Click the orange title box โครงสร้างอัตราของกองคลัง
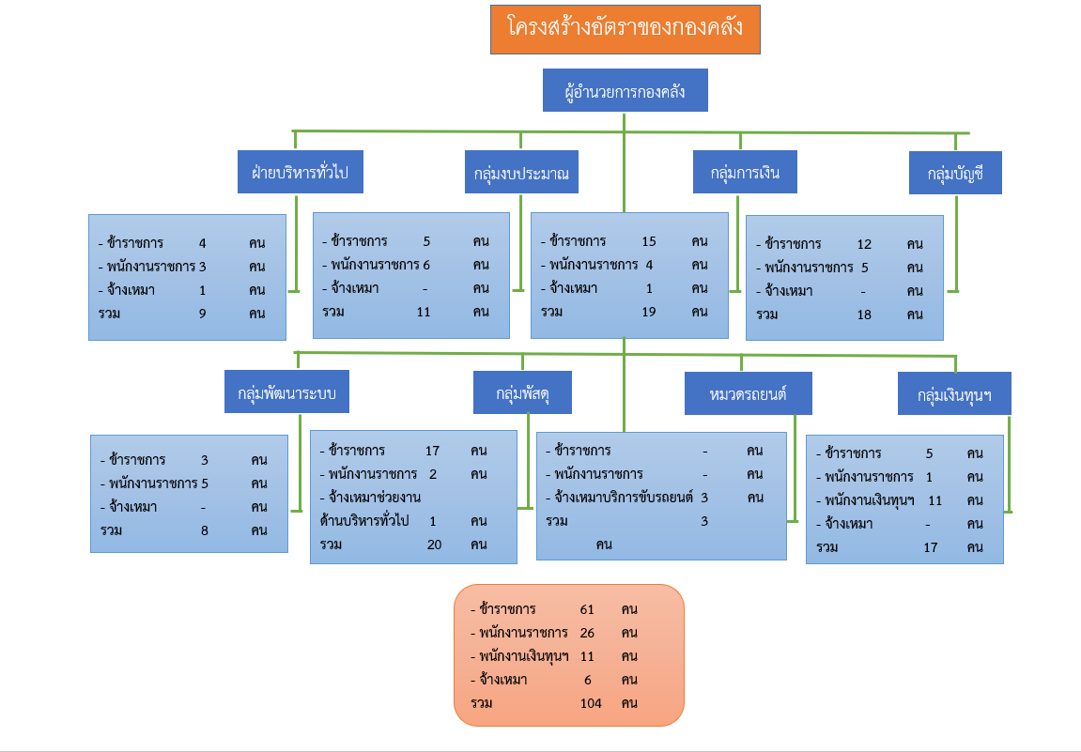[625, 30]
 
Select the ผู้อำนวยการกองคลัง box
[625, 90]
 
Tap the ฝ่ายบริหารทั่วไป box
[301, 172]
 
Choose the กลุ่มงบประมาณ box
[521, 173]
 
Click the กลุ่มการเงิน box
[745, 172]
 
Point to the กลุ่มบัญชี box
[955, 173]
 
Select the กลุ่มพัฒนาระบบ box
[286, 391]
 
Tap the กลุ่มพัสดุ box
[522, 392]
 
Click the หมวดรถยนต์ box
[748, 393]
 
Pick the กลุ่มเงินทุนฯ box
[954, 393]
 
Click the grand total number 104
[591, 703]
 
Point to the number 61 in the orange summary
[587, 609]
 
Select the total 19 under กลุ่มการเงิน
[649, 312]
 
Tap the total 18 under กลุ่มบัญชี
[864, 315]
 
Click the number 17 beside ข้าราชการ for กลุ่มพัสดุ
[432, 451]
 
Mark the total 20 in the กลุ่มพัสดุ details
[434, 545]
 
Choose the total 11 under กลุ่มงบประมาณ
[424, 312]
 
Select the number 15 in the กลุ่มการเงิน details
[649, 241]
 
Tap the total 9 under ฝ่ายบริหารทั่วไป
[203, 314]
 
